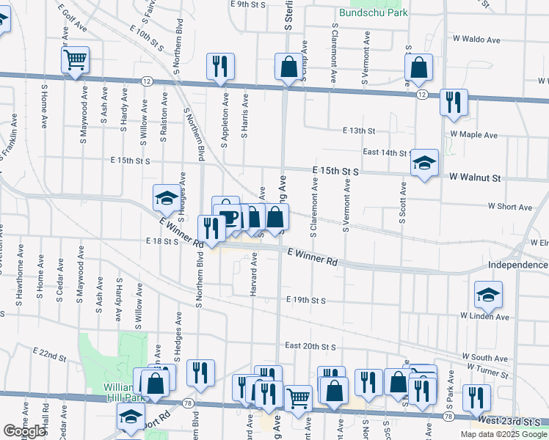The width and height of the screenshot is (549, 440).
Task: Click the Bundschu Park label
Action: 373,12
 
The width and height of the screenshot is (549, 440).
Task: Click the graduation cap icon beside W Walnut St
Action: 424,163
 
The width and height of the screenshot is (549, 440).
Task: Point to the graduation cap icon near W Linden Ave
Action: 488,295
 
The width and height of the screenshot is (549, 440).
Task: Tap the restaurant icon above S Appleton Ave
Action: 220,67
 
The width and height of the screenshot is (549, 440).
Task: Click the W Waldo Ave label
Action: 476,39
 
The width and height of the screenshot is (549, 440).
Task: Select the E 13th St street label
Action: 358,131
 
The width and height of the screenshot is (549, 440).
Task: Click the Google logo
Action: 24,431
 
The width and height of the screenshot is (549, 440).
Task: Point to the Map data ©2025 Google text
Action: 503,434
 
